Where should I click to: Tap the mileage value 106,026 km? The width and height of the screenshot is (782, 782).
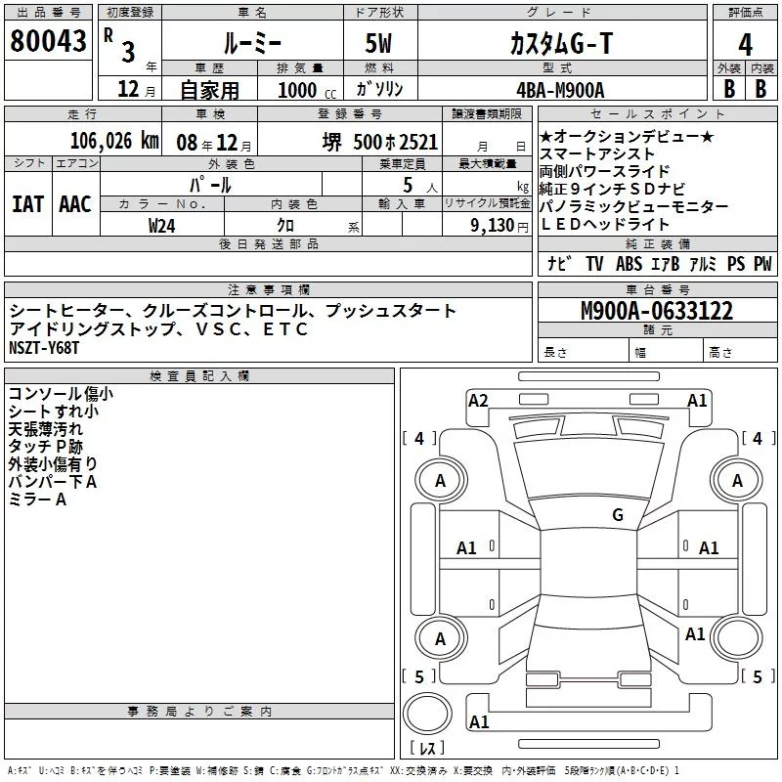pos(114,141)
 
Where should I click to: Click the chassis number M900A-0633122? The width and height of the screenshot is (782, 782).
pos(656,312)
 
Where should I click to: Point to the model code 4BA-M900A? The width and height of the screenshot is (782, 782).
pos(560,89)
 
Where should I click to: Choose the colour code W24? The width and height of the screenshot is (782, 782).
pos(161,225)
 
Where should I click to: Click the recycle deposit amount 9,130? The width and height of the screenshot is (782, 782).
pos(485,225)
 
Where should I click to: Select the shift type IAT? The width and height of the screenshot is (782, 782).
pos(27,204)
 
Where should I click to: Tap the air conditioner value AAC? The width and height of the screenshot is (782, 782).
pos(74,204)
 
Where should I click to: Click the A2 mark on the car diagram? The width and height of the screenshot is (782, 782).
pos(478,400)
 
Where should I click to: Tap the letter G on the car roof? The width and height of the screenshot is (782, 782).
pos(617,515)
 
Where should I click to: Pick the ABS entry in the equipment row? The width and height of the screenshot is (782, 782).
pos(629,264)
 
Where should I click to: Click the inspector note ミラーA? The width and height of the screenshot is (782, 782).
pos(37,500)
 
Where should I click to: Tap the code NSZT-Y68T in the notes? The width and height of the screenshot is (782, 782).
pos(44,348)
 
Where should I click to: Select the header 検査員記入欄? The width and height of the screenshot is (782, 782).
pos(199,376)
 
